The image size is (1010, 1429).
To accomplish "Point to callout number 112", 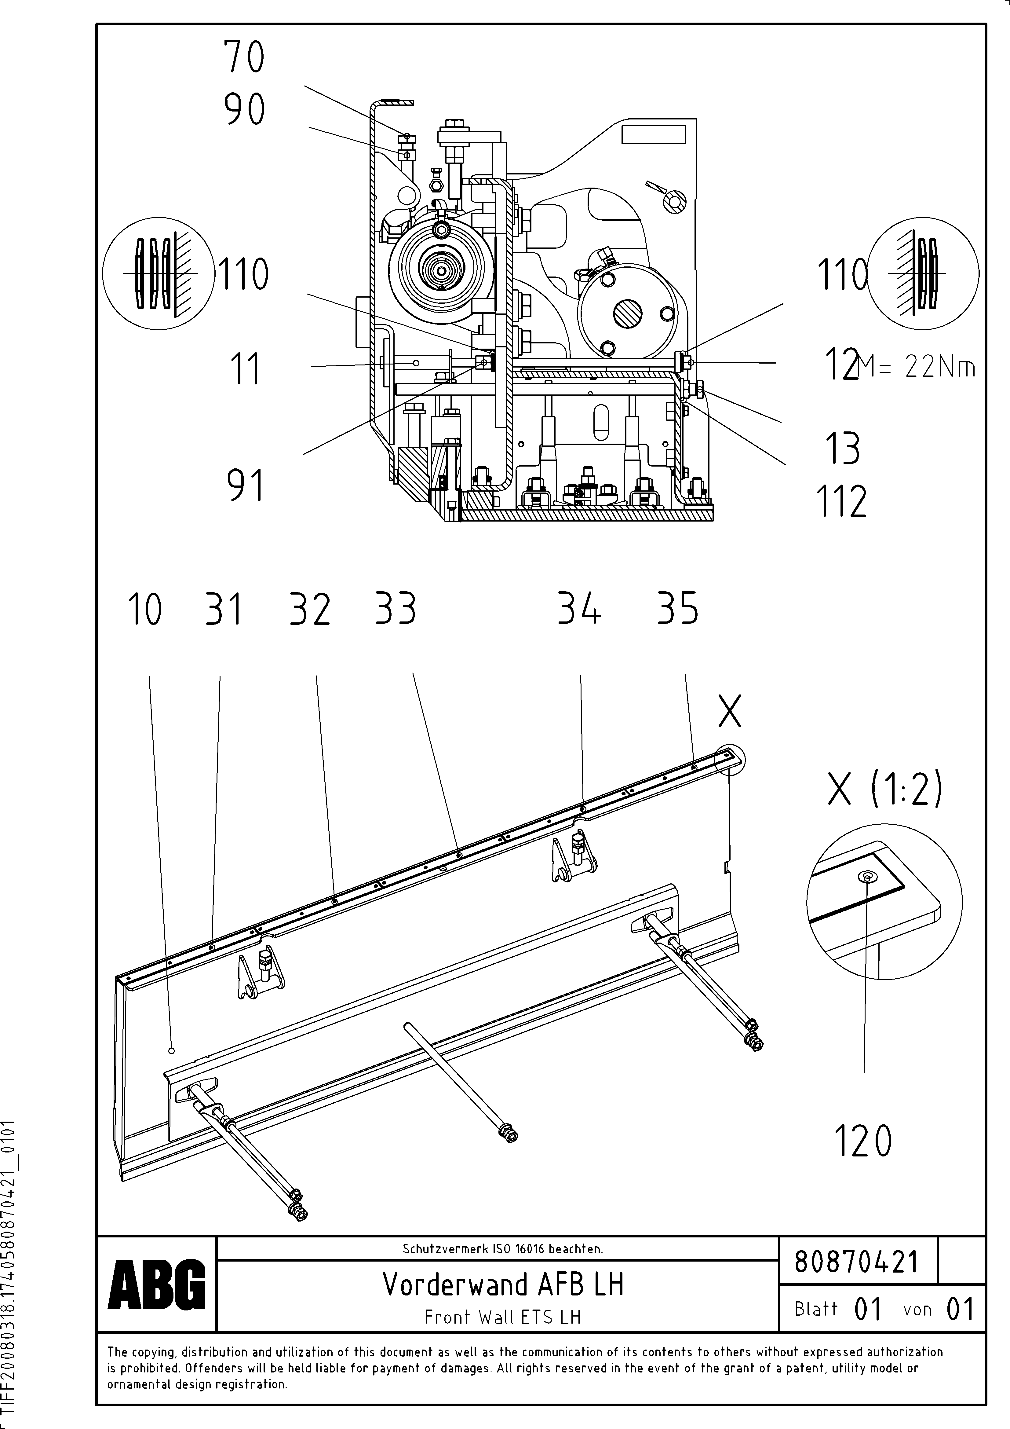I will coord(841,502).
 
